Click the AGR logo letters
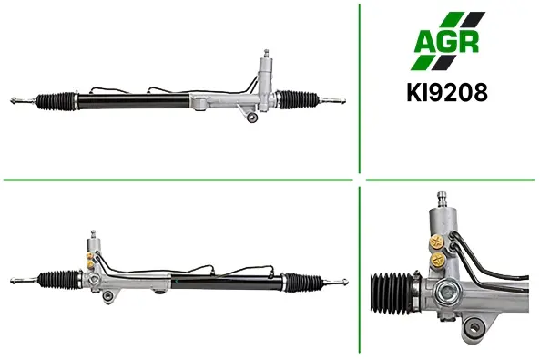(x=447, y=41)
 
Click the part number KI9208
(x=447, y=92)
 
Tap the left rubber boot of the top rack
(x=56, y=101)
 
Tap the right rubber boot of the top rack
(x=298, y=99)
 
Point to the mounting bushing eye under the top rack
(x=252, y=117)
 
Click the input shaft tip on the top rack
(x=266, y=54)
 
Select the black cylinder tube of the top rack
(x=134, y=101)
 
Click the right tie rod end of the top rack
(x=332, y=100)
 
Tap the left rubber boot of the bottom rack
(x=58, y=279)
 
